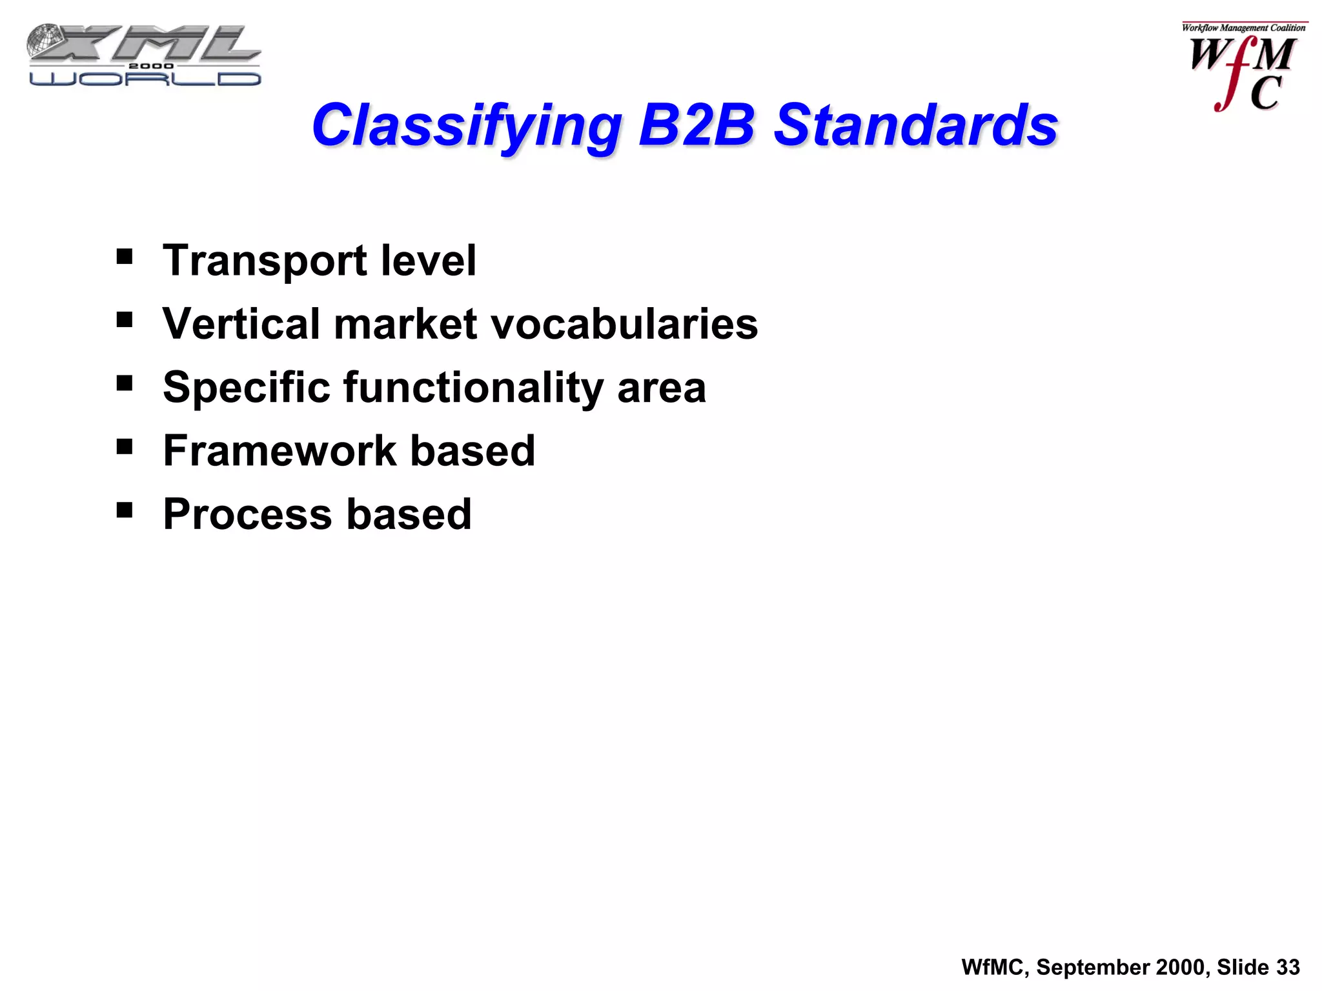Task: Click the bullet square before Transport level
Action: [x=125, y=257]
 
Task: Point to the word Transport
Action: [x=265, y=261]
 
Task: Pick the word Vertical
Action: [x=241, y=323]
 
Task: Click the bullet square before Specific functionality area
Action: [x=125, y=384]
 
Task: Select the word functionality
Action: [x=474, y=388]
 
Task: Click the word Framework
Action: [x=280, y=450]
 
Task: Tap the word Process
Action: [x=248, y=514]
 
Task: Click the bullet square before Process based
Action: [x=125, y=510]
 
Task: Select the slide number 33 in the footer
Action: [x=1288, y=967]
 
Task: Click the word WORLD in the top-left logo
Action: [x=145, y=79]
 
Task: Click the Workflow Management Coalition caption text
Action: [x=1243, y=28]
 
